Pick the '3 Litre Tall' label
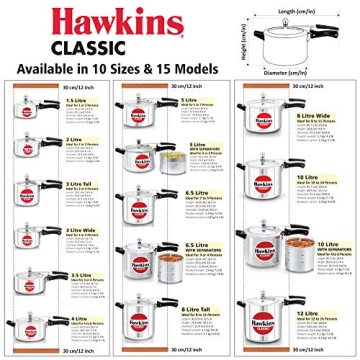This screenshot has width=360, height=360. click(77, 183)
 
